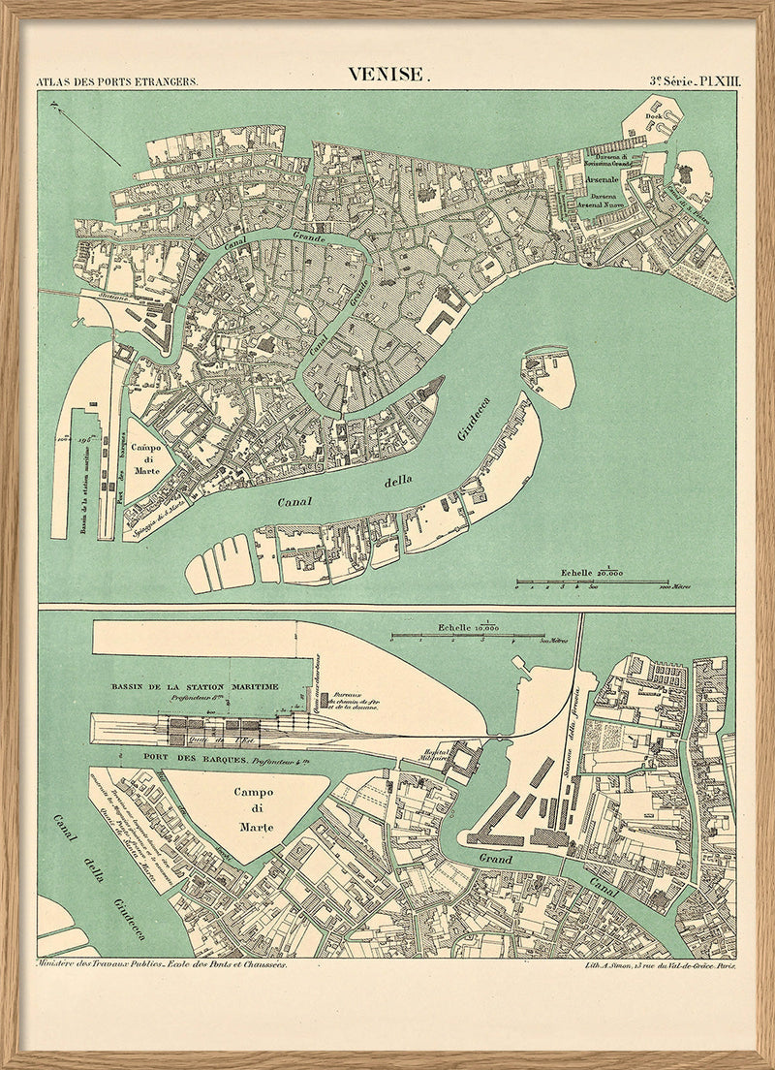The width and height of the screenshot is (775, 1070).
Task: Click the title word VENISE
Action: click(386, 75)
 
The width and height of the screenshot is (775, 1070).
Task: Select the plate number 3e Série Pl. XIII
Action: click(694, 81)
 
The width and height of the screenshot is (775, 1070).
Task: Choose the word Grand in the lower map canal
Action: click(497, 859)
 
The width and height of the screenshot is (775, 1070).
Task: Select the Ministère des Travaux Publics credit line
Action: click(160, 966)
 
